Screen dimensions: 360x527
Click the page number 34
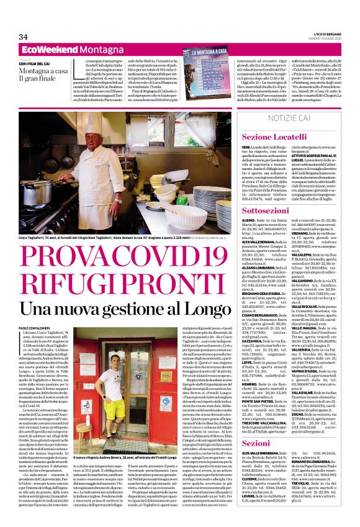click(25, 36)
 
